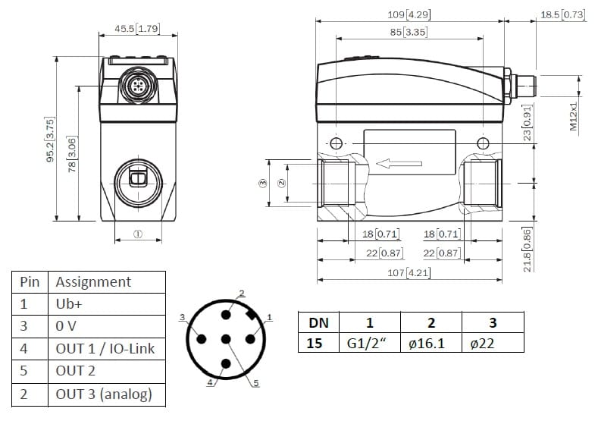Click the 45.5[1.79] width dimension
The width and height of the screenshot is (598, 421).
coord(137,29)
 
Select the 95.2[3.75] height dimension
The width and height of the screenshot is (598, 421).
coord(50,140)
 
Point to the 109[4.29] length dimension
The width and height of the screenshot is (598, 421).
coord(409,15)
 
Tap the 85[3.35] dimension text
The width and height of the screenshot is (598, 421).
coord(409,32)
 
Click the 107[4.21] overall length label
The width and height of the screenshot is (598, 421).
coord(409,273)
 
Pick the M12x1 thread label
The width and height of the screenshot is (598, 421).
coord(574,116)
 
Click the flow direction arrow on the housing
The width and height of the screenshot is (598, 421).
coord(399,164)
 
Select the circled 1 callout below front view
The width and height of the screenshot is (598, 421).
coord(138,234)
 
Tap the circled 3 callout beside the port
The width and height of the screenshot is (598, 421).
coord(263,184)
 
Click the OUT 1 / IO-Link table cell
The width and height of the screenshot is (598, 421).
coord(105,348)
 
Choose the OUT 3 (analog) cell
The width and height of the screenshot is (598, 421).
coord(104,394)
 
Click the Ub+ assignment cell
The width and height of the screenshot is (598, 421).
coord(69,304)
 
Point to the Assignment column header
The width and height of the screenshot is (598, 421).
coord(93,282)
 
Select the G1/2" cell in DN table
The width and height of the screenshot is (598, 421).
coord(367,344)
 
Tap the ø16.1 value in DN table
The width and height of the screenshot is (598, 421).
coord(427,344)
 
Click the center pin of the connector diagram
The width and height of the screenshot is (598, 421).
coord(226,339)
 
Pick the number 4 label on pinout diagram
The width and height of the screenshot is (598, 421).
coord(210,382)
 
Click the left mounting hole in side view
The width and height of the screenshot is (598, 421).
coord(336,143)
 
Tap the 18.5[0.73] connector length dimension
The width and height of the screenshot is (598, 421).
coord(562,15)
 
